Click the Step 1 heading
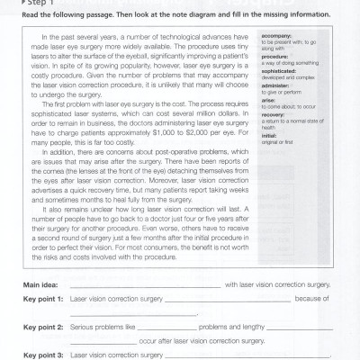[35, 3]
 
